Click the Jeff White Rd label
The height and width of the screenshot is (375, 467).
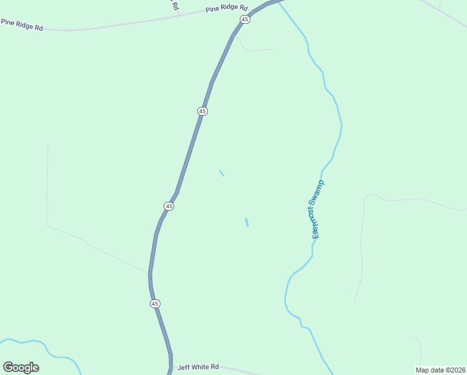[x=198, y=367]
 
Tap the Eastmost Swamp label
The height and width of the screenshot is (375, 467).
[x=318, y=210]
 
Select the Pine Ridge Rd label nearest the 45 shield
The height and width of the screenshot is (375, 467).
[x=227, y=9]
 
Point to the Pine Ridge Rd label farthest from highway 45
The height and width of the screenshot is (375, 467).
[x=22, y=24]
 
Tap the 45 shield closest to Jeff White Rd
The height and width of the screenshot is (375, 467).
[x=155, y=304]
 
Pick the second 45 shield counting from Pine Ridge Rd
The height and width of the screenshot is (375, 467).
[x=202, y=111]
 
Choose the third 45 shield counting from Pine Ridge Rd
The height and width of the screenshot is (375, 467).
[x=169, y=206]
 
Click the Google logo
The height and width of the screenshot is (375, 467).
[x=21, y=367]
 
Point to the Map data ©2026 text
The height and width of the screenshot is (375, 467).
[x=441, y=369]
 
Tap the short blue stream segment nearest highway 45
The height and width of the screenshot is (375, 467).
[x=222, y=173]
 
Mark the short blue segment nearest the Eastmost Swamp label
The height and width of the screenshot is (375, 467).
[x=247, y=222]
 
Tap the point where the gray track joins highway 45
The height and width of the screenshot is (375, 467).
[x=150, y=273]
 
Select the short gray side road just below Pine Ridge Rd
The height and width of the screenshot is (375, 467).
[x=256, y=49]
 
